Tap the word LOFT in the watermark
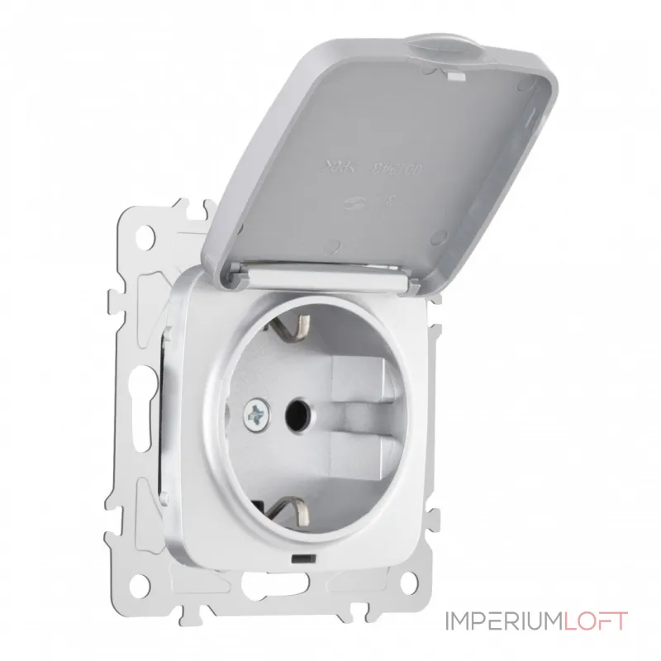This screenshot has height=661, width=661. (x=601, y=619)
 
